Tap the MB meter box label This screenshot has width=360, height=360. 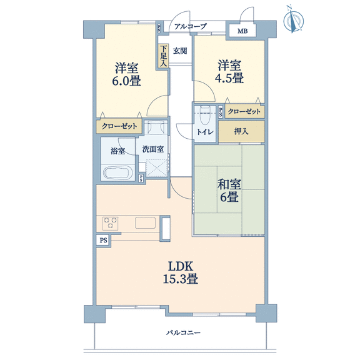tap(242, 31)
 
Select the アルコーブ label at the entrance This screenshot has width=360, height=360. tap(191, 26)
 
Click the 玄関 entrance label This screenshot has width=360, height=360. tap(180, 51)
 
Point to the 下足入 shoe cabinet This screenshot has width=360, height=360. tap(163, 56)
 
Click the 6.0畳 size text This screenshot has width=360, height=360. tap(126, 81)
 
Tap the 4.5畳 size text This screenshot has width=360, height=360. tap(229, 78)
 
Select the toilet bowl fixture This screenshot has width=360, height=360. tap(205, 115)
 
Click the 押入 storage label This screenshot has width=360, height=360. tap(241, 131)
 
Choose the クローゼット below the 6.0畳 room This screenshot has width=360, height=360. tap(119, 126)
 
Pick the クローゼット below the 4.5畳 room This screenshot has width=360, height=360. tap(244, 112)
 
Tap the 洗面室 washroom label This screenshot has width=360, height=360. tap(153, 149)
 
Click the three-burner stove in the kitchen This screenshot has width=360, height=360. tap(110, 223)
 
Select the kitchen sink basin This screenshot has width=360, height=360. tap(146, 222)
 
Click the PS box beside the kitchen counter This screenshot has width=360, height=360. tap(103, 240)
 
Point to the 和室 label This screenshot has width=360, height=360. tap(229, 184)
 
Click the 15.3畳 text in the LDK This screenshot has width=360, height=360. tap(180, 279)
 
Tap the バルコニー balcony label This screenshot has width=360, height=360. tap(183, 332)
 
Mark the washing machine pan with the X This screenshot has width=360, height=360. tap(157, 168)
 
